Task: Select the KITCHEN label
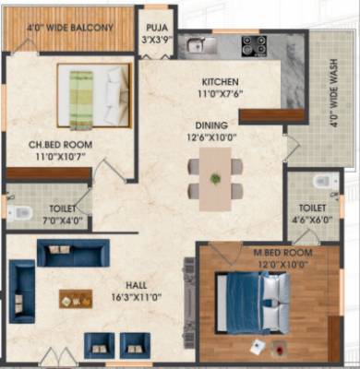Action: point(214,80)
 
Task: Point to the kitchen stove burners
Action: point(253,44)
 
